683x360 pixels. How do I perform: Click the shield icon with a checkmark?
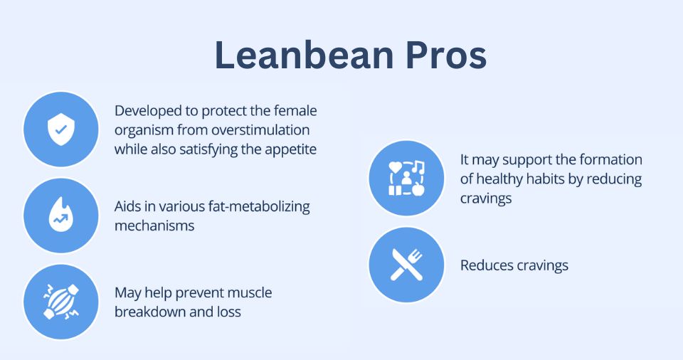point(60,129)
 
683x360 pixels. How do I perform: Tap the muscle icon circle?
point(60,302)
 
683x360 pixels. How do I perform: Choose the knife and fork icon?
point(406,265)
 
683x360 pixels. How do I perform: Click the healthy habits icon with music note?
point(406,178)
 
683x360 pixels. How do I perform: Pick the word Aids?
point(128,206)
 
